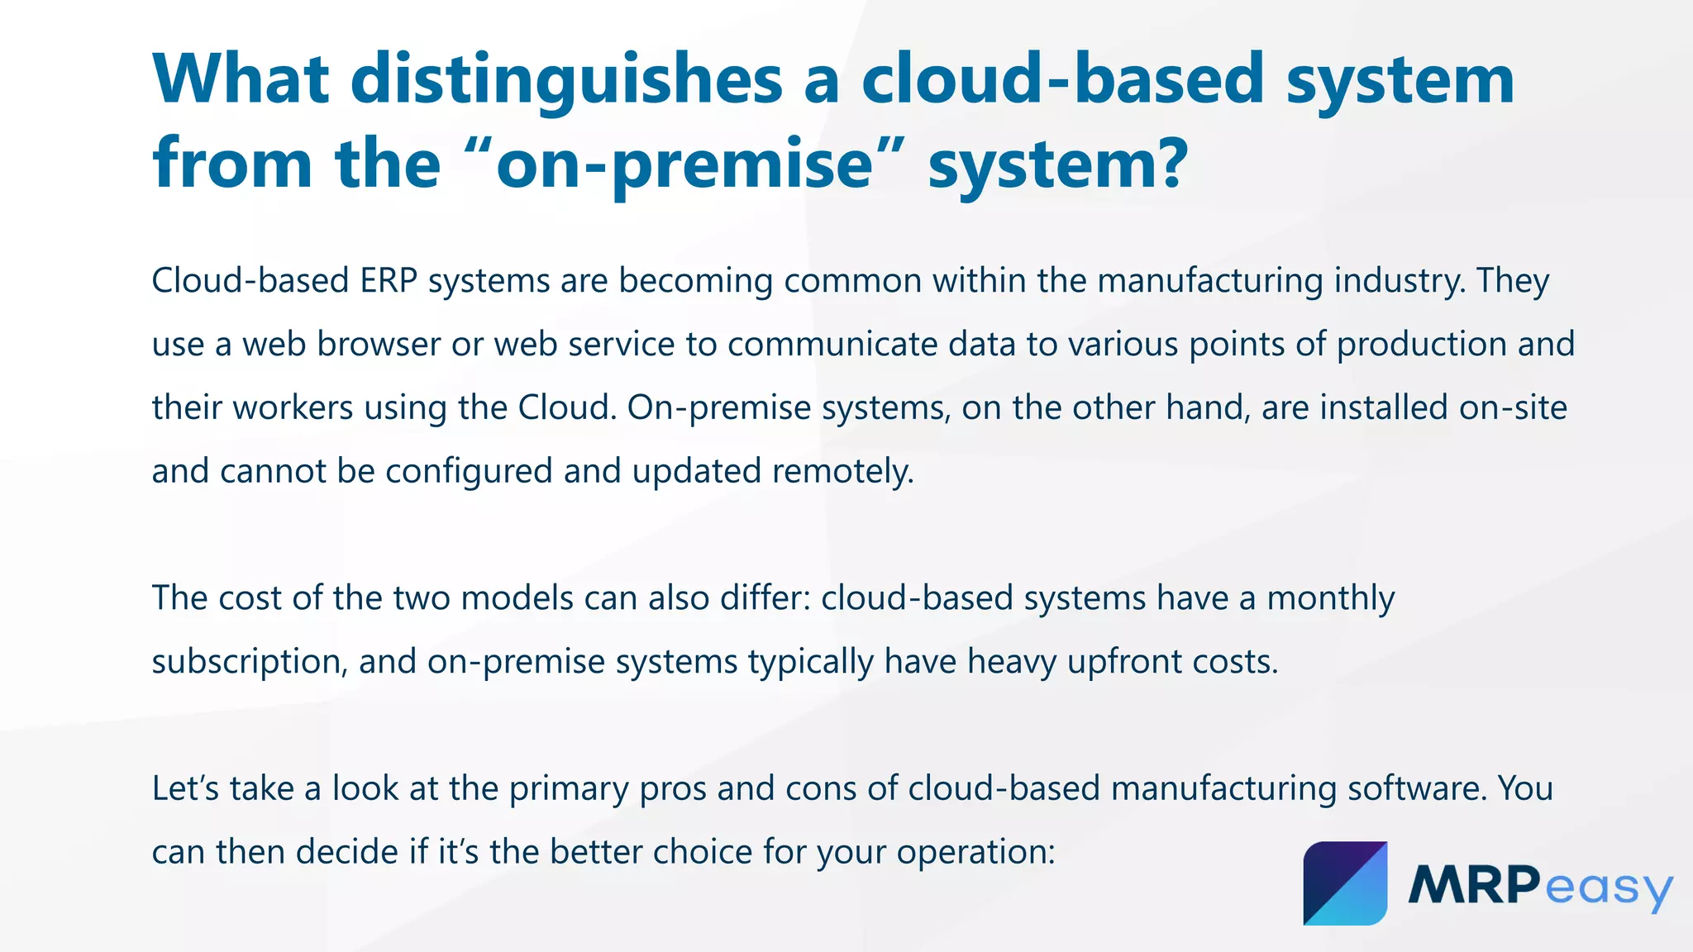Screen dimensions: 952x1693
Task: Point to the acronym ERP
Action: pyautogui.click(x=389, y=281)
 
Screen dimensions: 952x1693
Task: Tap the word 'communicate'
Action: pyautogui.click(x=832, y=345)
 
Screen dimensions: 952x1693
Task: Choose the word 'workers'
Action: pyautogui.click(x=293, y=408)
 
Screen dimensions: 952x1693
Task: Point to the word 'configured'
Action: pyautogui.click(x=470, y=472)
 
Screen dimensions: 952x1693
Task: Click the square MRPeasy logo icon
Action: pyautogui.click(x=1345, y=883)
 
